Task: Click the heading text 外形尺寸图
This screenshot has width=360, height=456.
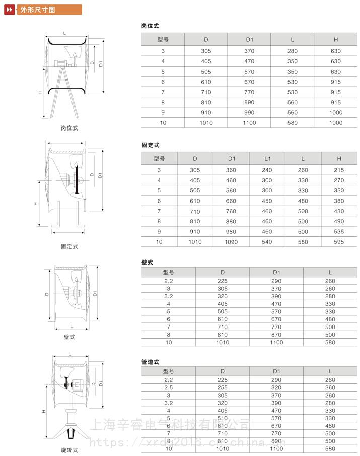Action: tap(34, 9)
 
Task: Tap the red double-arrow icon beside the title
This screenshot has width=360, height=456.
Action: tap(9, 9)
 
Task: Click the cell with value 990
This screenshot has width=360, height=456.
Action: tap(249, 112)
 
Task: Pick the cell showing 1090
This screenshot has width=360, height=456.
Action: tap(232, 242)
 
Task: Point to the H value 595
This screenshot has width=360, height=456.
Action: tap(339, 242)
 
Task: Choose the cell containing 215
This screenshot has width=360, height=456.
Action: tap(339, 170)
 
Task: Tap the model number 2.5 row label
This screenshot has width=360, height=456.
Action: tap(168, 387)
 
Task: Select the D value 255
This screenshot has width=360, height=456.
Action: tap(222, 387)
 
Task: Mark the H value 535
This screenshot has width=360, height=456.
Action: tap(339, 232)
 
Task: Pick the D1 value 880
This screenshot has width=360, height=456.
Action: tap(232, 221)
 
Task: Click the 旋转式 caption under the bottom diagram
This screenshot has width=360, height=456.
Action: tap(69, 450)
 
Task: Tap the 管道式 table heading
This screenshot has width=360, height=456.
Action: tap(151, 362)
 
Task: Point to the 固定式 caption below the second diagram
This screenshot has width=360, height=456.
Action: tap(69, 247)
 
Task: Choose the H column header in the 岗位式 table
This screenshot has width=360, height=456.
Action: tap(336, 39)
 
